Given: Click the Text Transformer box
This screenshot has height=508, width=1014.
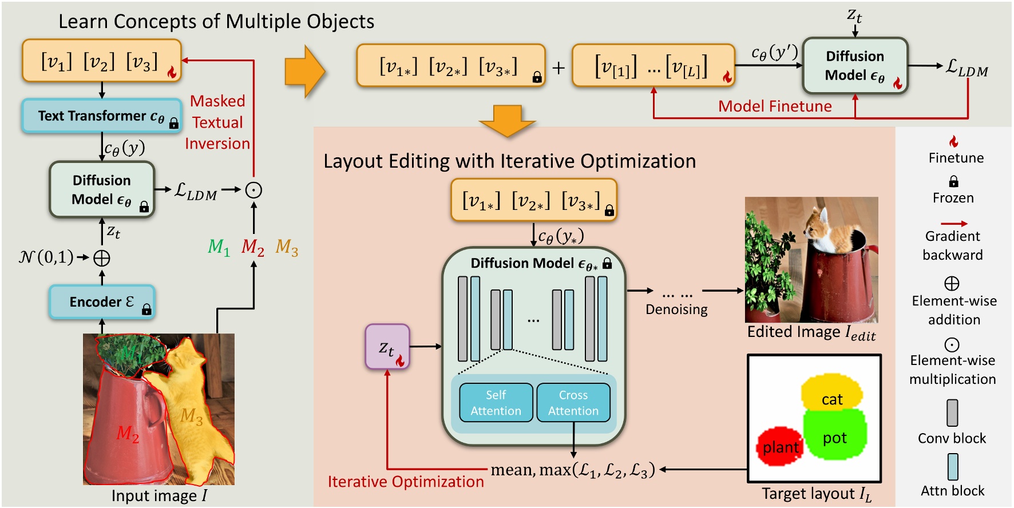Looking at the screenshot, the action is [x=102, y=116].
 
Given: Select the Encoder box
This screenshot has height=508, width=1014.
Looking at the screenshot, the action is [x=102, y=301].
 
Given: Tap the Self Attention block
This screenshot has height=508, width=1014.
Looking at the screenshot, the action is [x=496, y=403].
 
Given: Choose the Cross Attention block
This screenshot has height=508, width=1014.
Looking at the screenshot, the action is [x=573, y=403].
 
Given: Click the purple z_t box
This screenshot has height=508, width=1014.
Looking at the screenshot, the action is [x=387, y=347].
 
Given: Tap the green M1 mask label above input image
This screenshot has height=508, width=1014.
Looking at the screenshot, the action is [x=219, y=247].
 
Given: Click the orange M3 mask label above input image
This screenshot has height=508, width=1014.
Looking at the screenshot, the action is [x=287, y=247].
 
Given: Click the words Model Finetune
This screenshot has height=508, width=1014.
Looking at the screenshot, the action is [x=775, y=106].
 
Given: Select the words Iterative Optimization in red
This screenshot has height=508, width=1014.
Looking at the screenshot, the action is [x=406, y=482].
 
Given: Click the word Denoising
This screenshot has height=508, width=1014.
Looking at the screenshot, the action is [x=676, y=309].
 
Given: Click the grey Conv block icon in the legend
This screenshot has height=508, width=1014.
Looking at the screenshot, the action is [x=952, y=412].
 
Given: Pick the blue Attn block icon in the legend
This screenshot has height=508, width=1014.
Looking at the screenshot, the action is [x=953, y=467].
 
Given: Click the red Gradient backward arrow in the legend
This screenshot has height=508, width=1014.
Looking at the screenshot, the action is [x=954, y=223].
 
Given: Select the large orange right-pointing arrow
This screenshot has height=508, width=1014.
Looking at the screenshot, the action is [x=305, y=72].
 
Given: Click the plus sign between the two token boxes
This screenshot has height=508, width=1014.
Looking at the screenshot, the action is [x=559, y=68].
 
